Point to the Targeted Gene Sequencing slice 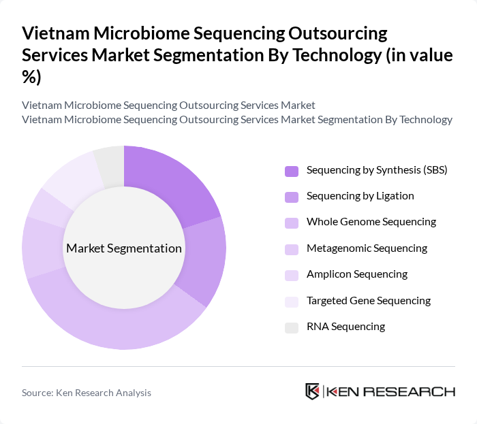(71, 180)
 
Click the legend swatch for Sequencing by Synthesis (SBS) (292, 171)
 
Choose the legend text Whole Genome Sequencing (371, 222)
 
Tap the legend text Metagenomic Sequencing (367, 248)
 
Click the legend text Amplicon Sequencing (356, 274)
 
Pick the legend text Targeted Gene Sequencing (369, 300)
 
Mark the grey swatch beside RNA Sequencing (292, 327)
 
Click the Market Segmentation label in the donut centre (124, 248)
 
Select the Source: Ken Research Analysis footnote (87, 393)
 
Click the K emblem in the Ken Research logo (313, 391)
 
